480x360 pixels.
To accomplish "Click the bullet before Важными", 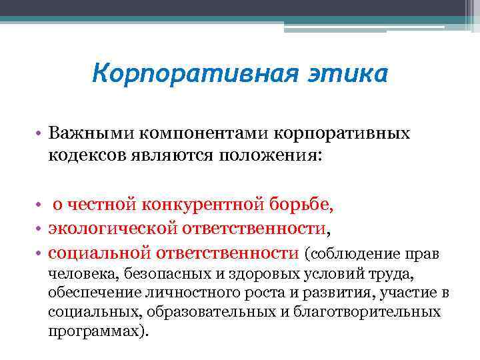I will pos(41,134).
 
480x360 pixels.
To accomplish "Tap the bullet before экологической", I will pos(41,229).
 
